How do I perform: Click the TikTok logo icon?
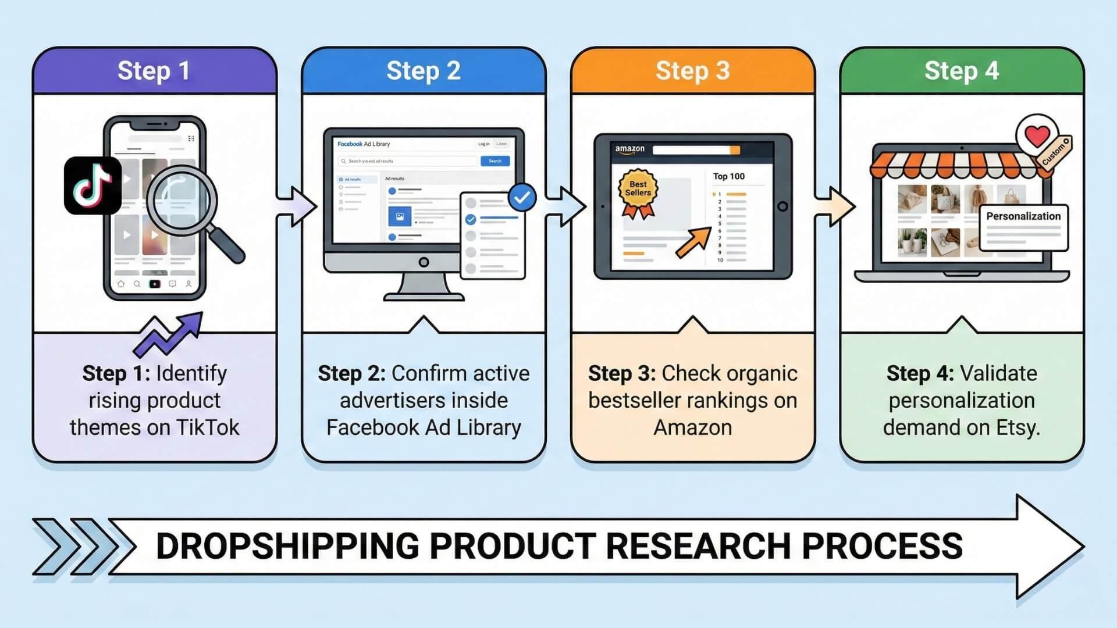(93, 185)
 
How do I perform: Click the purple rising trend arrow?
(169, 334)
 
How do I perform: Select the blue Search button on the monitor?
(495, 161)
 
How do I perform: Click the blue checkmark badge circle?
(522, 198)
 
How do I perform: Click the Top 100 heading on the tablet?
(728, 176)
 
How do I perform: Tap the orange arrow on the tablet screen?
(693, 242)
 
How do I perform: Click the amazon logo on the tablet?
(629, 149)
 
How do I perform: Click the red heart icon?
(1037, 136)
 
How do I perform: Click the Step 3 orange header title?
(692, 71)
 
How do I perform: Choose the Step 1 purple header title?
(154, 71)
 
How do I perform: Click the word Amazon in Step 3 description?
(692, 427)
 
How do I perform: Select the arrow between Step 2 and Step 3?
(565, 206)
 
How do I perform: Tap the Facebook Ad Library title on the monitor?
(364, 144)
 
